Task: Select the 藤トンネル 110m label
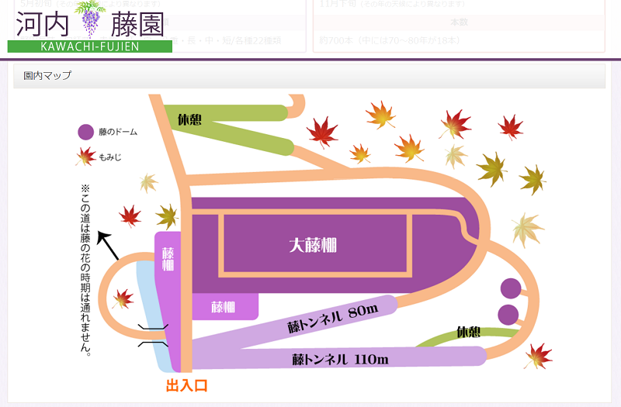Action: pyautogui.click(x=340, y=359)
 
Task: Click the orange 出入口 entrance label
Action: pyautogui.click(x=186, y=385)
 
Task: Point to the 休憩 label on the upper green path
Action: pyautogui.click(x=189, y=120)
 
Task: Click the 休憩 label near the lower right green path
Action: pyautogui.click(x=468, y=332)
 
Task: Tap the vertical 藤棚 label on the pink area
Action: pyautogui.click(x=168, y=259)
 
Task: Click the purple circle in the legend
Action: pyautogui.click(x=85, y=132)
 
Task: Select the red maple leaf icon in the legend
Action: pyautogui.click(x=85, y=157)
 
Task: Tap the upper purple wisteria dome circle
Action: pyautogui.click(x=510, y=288)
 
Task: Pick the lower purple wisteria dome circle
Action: pyautogui.click(x=508, y=315)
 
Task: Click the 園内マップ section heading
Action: pyautogui.click(x=47, y=76)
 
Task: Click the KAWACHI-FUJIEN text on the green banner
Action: pyautogui.click(x=89, y=47)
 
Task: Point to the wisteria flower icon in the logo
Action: pyautogui.click(x=92, y=19)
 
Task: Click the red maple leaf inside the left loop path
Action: pyautogui.click(x=122, y=298)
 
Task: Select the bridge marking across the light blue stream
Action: pyautogui.click(x=152, y=335)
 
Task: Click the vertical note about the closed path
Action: pyautogui.click(x=85, y=268)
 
